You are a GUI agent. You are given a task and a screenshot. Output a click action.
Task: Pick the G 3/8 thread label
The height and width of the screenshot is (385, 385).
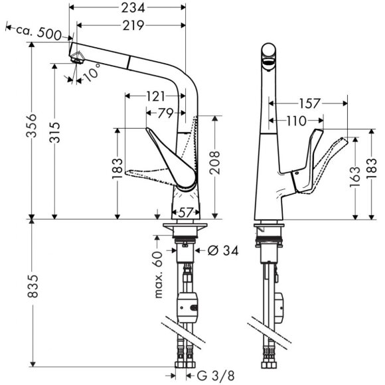[220, 375]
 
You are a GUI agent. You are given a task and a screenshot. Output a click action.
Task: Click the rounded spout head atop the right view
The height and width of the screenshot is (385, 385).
[268, 54]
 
